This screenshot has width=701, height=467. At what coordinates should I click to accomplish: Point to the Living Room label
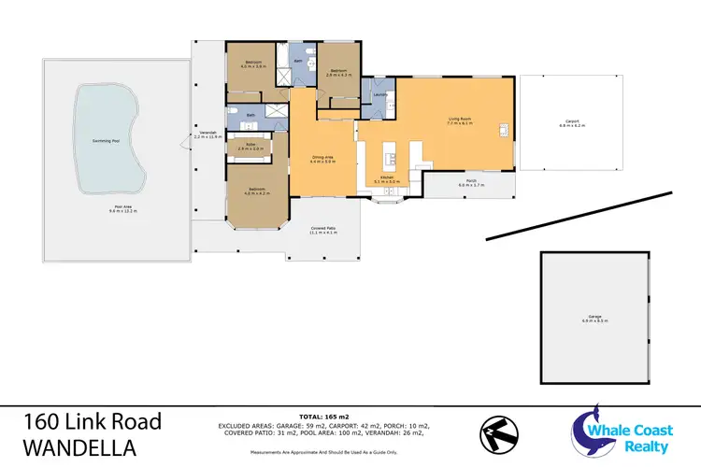458,120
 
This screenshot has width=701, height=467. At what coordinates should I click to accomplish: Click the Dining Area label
322,159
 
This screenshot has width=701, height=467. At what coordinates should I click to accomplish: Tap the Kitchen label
386,179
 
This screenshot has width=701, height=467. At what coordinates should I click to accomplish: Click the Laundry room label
379,95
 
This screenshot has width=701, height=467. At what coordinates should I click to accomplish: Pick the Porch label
471,183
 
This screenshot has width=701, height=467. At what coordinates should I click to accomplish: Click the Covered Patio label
323,230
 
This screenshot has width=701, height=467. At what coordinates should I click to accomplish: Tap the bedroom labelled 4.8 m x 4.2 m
256,191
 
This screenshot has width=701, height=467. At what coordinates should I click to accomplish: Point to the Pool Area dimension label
123,211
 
